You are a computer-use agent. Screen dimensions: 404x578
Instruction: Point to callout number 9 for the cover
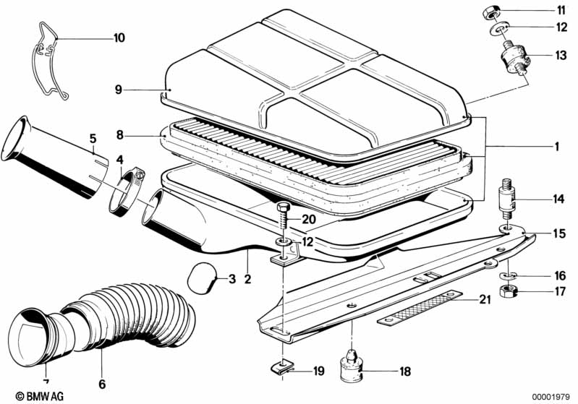(118, 90)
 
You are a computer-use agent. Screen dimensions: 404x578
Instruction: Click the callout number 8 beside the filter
(121, 134)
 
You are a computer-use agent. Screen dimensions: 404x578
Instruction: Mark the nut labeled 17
(510, 292)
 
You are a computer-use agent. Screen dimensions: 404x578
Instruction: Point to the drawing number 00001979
(550, 396)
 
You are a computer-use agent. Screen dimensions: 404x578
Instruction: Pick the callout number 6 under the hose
(101, 384)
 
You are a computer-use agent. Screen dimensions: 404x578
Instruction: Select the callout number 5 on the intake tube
(93, 137)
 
